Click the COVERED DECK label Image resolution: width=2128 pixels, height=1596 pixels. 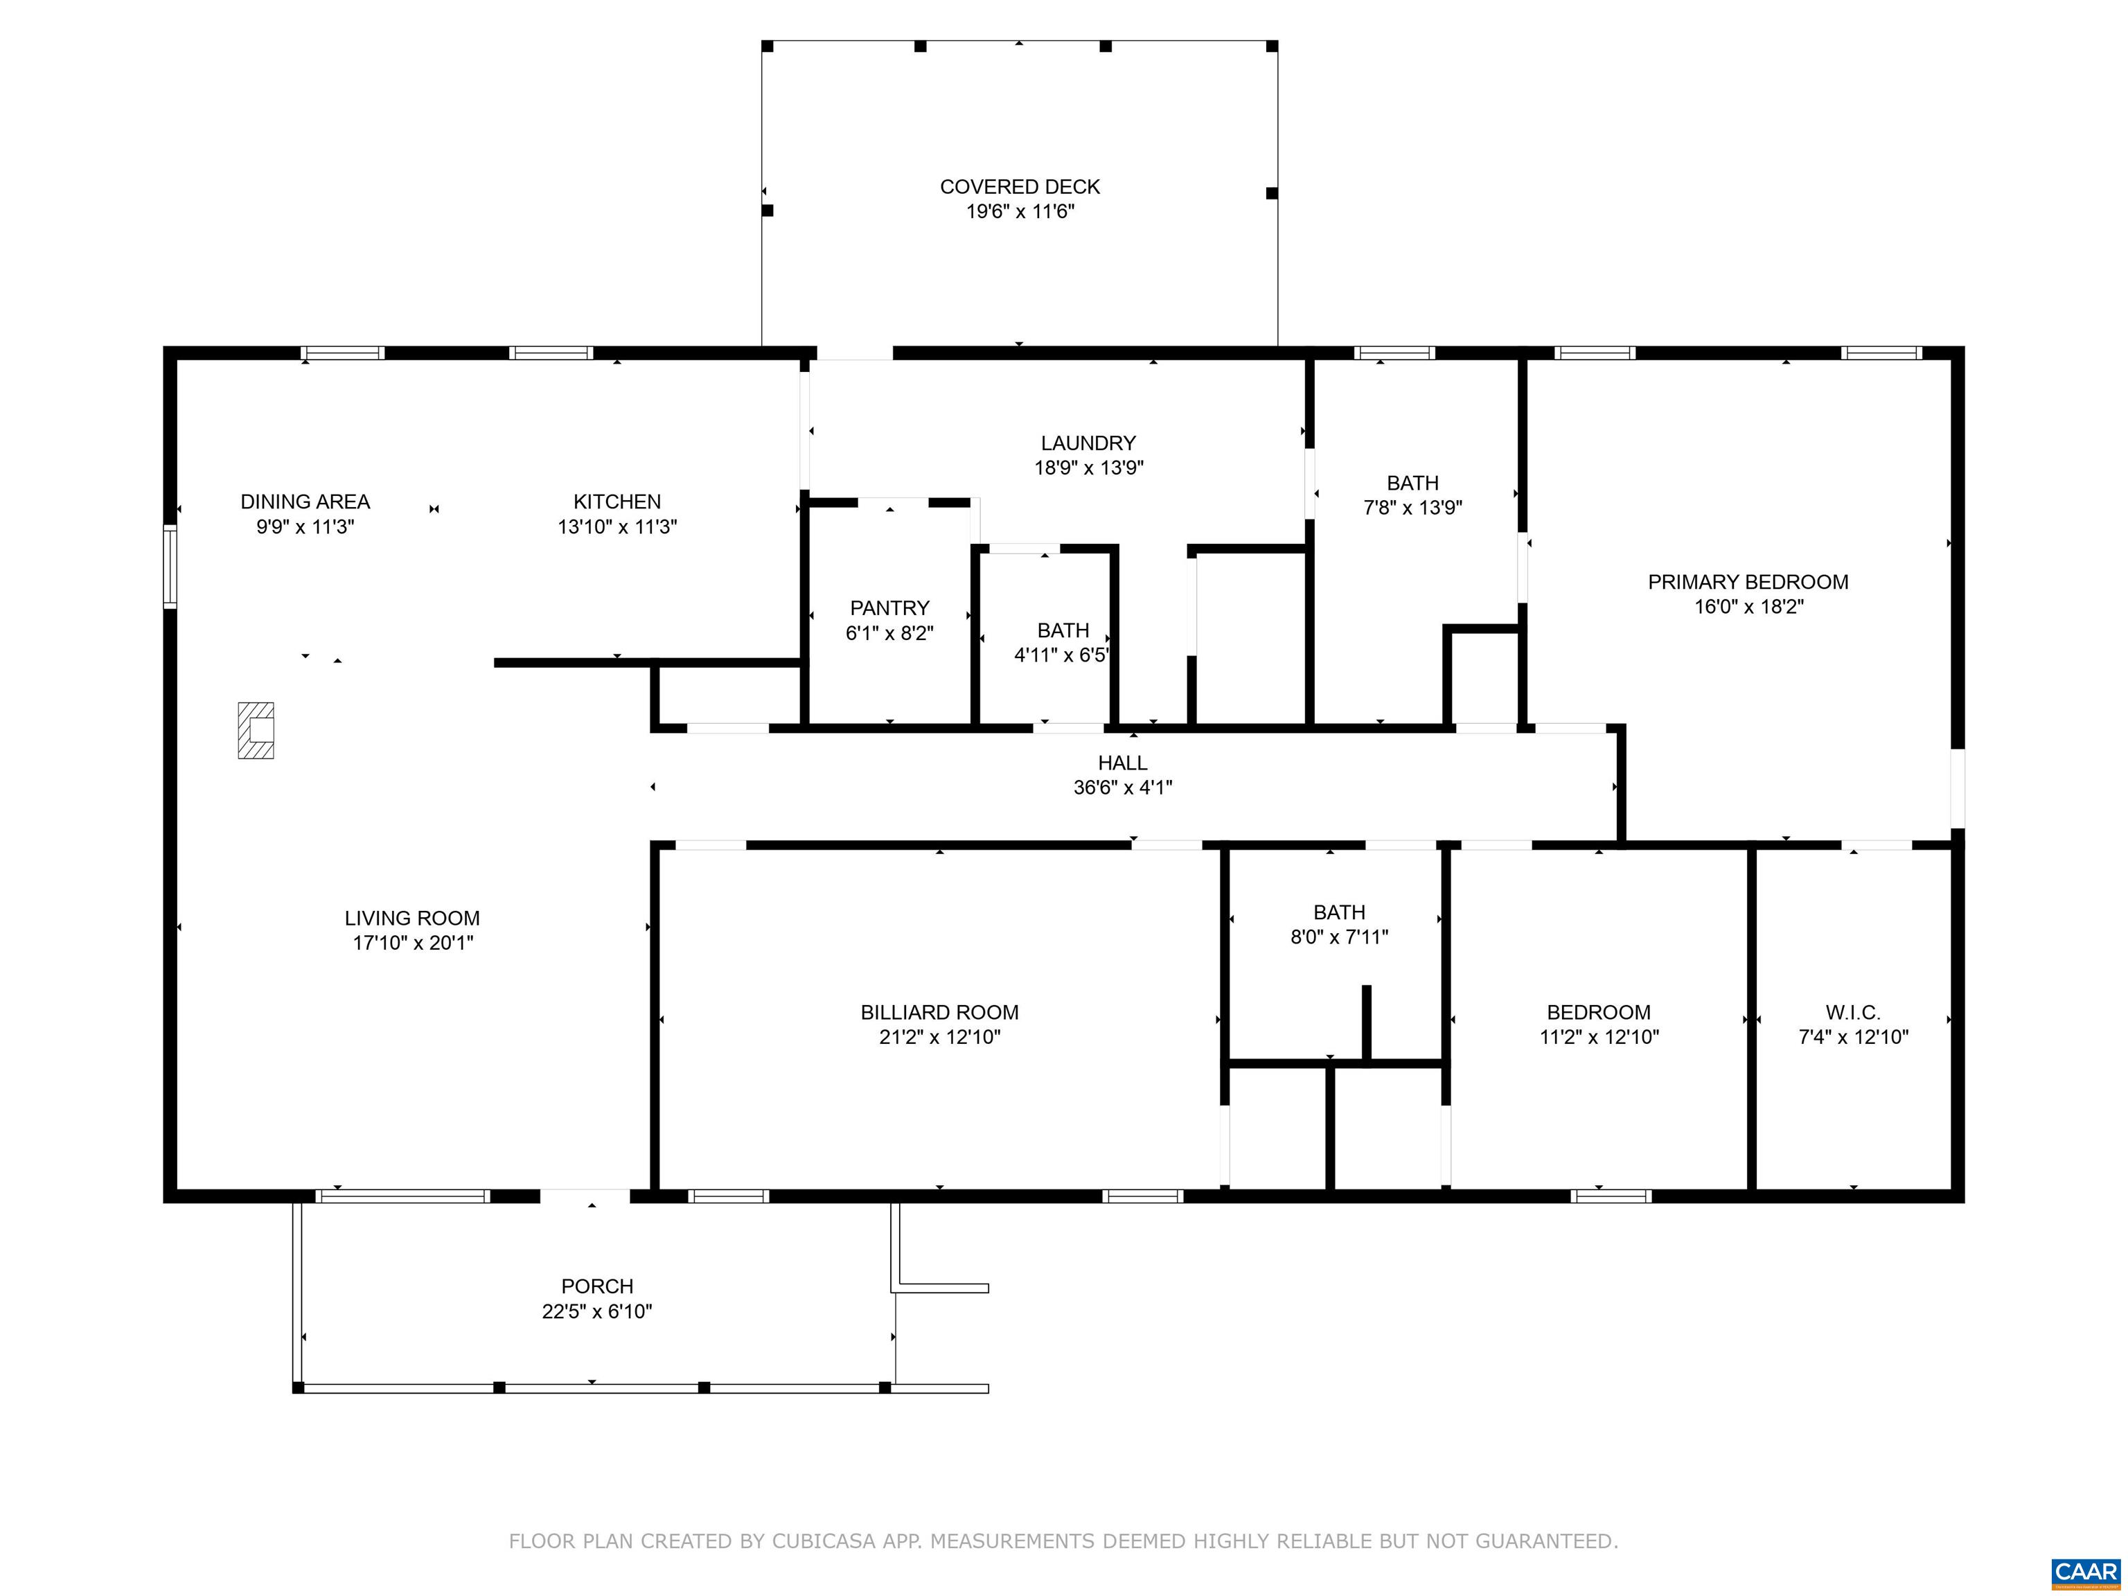1020,186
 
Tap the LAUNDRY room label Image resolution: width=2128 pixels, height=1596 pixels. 1088,443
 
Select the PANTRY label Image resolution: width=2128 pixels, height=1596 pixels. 890,608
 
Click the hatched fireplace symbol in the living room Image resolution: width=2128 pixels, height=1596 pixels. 256,730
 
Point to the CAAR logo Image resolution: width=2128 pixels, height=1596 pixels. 2086,1572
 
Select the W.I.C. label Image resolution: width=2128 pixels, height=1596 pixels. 1853,1013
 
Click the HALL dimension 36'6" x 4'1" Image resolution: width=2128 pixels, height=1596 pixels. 1123,788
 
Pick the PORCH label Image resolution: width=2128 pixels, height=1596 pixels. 597,1286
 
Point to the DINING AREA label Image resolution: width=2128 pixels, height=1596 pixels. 305,502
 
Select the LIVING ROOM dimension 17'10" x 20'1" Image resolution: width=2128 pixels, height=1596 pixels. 413,943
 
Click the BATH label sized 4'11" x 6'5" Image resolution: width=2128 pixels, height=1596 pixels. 1063,631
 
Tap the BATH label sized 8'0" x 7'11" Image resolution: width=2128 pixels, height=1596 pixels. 1339,913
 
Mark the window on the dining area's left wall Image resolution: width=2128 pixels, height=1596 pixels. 170,567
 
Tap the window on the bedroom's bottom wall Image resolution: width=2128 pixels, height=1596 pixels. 1611,1197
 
